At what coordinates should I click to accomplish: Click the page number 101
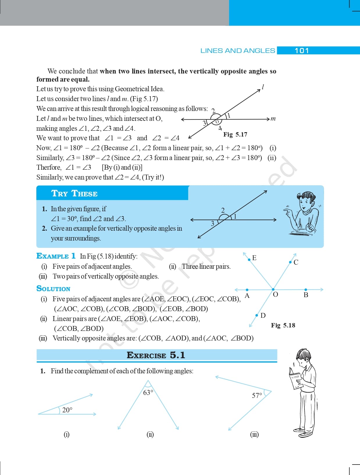[x=302, y=51]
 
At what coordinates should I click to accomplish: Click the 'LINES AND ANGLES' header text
[x=238, y=51]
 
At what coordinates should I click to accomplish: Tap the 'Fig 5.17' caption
[x=235, y=134]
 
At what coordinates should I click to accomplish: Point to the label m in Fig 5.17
[x=273, y=119]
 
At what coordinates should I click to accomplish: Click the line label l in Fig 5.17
[x=263, y=87]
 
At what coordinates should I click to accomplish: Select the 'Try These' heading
[x=74, y=193]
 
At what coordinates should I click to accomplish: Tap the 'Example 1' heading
[x=56, y=256]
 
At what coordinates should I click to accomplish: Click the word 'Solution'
[x=53, y=288]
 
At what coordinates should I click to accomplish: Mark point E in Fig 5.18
[x=249, y=259]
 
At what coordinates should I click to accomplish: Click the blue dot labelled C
[x=290, y=262]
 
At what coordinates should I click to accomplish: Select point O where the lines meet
[x=273, y=290]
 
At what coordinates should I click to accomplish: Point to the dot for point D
[x=257, y=315]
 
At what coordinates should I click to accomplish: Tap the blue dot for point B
[x=306, y=290]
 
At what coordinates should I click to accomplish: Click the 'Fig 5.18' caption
[x=283, y=325]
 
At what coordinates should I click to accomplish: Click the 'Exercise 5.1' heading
[x=156, y=355]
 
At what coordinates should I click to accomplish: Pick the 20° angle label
[x=67, y=410]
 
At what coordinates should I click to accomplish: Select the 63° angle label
[x=148, y=392]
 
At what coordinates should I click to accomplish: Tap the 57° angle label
[x=257, y=395]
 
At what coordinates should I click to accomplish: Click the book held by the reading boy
[x=295, y=379]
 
